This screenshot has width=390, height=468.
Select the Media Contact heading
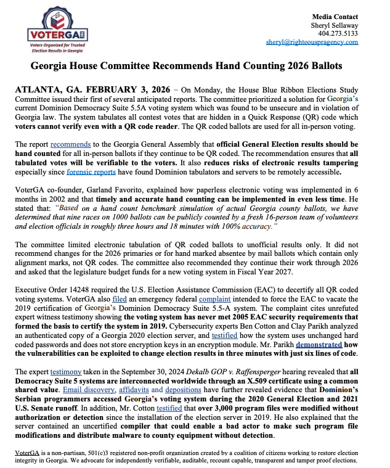(x=335, y=15)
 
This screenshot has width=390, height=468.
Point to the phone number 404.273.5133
(x=338, y=33)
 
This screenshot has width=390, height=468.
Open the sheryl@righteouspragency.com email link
(x=312, y=42)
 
